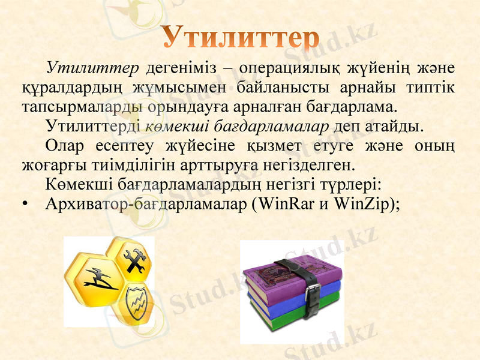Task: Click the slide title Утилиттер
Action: tap(240, 37)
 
